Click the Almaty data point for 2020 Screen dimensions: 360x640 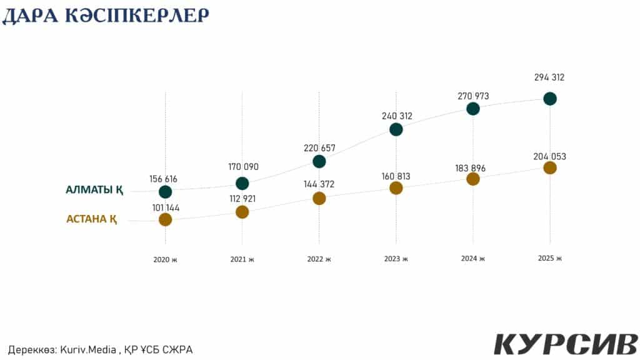click(165, 192)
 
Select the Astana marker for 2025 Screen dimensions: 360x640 click(550, 167)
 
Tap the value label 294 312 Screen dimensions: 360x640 click(550, 78)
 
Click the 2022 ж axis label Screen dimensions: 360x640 click(319, 259)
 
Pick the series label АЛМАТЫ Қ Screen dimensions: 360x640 click(94, 190)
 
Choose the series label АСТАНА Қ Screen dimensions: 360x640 click(91, 219)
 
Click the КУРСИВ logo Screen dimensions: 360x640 click(565, 344)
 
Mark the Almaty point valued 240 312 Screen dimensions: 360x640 click(396, 129)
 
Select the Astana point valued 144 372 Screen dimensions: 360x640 click(319, 198)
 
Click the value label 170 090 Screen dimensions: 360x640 click(242, 167)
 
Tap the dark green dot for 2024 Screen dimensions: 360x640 click(473, 109)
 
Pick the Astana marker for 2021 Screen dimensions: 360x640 click(242, 212)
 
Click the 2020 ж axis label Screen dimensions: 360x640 click(165, 259)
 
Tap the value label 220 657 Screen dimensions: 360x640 click(319, 148)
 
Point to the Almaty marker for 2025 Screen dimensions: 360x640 click(550, 98)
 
